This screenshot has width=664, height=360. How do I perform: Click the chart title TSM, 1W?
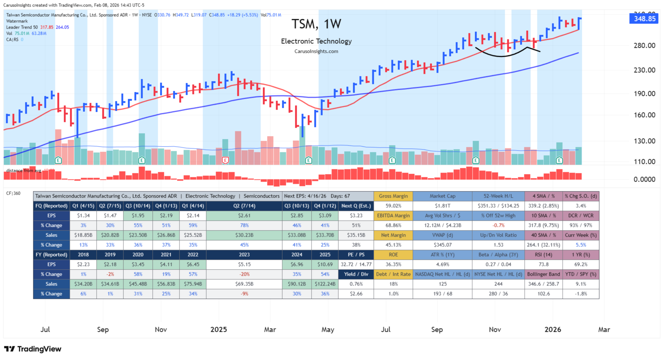[x=316, y=24]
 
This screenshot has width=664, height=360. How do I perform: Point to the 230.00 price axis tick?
[x=644, y=70]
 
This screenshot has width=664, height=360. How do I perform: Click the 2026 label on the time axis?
[x=553, y=330]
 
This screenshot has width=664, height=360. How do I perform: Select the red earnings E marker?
[x=225, y=160]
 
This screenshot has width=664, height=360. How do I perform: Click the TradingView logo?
[x=33, y=349]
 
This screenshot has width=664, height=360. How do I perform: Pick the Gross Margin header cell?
[x=393, y=196]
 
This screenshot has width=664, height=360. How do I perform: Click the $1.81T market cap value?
[x=442, y=206]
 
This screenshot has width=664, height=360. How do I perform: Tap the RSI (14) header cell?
[x=543, y=255]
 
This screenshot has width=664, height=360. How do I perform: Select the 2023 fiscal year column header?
[x=244, y=255]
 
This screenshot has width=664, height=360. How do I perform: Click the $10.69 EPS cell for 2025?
[x=325, y=264]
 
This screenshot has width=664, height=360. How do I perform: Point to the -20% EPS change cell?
[x=244, y=274]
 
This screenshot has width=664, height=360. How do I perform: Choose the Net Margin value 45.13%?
[x=393, y=245]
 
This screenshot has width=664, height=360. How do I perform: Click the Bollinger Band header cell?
[x=543, y=274]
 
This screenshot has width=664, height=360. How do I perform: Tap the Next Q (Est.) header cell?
[x=356, y=206]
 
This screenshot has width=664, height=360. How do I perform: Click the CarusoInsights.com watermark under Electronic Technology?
[x=316, y=51]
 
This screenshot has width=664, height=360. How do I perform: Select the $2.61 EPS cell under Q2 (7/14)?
[x=244, y=216]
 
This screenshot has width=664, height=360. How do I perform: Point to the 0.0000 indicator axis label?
[x=644, y=179]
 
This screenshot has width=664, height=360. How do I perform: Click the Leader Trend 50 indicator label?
[x=22, y=27]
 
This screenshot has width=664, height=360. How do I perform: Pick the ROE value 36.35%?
[x=393, y=264]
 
